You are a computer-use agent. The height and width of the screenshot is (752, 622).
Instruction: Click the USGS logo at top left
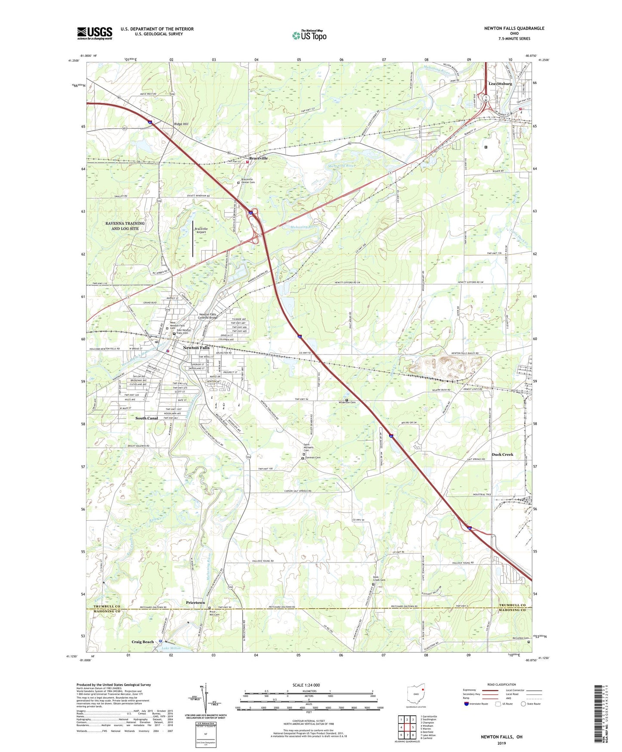click(94, 33)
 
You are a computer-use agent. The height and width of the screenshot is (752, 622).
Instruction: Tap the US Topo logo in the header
click(309, 35)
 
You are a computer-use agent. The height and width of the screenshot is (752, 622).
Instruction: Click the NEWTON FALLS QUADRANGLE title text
click(514, 28)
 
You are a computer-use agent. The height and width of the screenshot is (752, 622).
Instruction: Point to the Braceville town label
click(258, 158)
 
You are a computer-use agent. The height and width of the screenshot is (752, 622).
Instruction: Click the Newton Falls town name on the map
click(196, 348)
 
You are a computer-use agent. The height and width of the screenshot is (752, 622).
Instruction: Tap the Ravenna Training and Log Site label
click(125, 226)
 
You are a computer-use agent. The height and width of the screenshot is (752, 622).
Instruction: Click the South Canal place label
click(147, 418)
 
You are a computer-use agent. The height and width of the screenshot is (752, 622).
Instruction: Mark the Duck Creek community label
click(502, 454)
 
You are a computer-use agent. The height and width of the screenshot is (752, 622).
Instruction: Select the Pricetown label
click(195, 603)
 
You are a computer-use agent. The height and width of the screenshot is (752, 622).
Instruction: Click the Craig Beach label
click(142, 642)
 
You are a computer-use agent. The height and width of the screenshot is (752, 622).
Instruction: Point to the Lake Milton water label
click(171, 648)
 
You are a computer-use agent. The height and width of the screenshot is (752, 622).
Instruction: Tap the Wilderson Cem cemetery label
click(347, 403)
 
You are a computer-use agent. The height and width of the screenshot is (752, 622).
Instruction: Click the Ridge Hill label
click(181, 124)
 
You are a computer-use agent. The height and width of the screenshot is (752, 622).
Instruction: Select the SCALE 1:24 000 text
click(306, 685)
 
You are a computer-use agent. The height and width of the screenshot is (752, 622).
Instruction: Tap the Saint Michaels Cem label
click(306, 447)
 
